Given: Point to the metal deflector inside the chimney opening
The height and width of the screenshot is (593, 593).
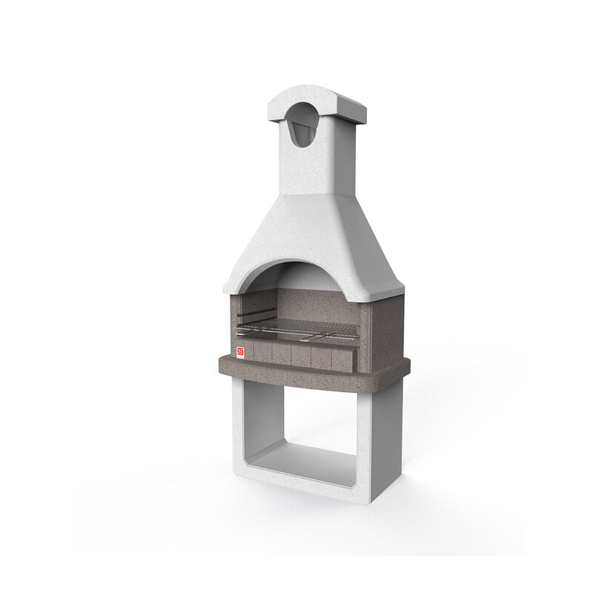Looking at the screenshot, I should (x=300, y=134).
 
